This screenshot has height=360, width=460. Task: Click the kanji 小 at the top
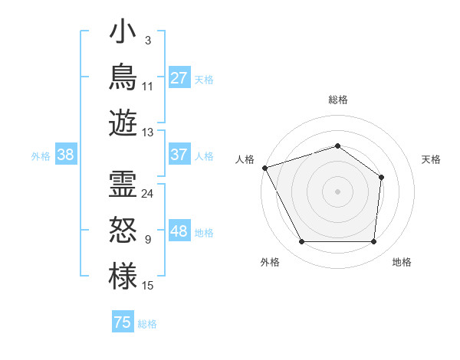pyautogui.click(x=123, y=31)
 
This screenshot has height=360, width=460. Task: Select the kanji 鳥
pyautogui.click(x=123, y=77)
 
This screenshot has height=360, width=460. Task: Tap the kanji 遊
pyautogui.click(x=123, y=123)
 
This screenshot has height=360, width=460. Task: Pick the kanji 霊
pyautogui.click(x=123, y=184)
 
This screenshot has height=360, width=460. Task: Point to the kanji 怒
pyautogui.click(x=123, y=230)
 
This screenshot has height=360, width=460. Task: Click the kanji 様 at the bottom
pyautogui.click(x=123, y=276)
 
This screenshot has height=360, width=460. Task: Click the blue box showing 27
pyautogui.click(x=180, y=77)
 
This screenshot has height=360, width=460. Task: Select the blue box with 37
pyautogui.click(x=180, y=154)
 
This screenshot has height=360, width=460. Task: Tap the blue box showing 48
pyautogui.click(x=180, y=230)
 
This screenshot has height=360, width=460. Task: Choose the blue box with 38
pyautogui.click(x=66, y=154)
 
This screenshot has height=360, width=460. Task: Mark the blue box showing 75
pyautogui.click(x=123, y=321)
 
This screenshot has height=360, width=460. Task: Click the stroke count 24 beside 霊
pyautogui.click(x=147, y=194)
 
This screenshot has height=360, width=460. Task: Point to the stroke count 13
pyautogui.click(x=147, y=133)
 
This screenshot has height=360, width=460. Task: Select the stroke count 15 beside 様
pyautogui.click(x=147, y=286)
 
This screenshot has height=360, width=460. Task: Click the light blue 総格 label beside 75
pyautogui.click(x=147, y=324)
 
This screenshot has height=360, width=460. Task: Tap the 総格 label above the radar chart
pyautogui.click(x=338, y=100)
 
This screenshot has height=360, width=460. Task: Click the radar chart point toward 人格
pyautogui.click(x=265, y=168)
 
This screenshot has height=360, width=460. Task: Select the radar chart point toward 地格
pyautogui.click(x=374, y=241)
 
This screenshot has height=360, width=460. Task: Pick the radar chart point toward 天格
pyautogui.click(x=381, y=178)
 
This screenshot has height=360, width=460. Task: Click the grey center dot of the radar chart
pyautogui.click(x=337, y=191)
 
